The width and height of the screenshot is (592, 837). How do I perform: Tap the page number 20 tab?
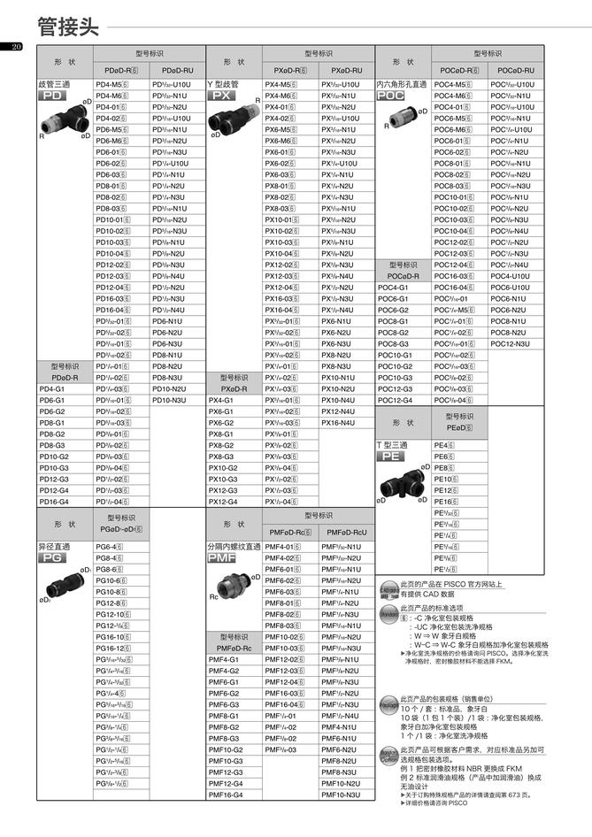click(x=16, y=47)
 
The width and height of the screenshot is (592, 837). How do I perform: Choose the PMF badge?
click(x=221, y=560)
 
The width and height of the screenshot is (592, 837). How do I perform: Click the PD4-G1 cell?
click(x=52, y=388)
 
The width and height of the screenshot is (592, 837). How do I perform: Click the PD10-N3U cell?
click(x=169, y=400)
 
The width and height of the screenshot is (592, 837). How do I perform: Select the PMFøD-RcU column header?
click(x=347, y=533)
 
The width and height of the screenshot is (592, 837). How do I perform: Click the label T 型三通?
click(x=392, y=444)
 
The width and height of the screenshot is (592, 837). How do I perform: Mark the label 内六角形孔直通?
click(x=402, y=84)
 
